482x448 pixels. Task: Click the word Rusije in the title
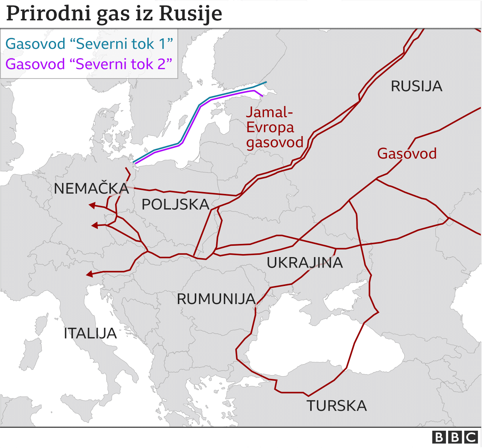point(190,14)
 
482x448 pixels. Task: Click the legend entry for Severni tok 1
point(89,44)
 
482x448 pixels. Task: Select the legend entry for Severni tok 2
point(89,64)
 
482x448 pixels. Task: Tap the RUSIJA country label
point(416,86)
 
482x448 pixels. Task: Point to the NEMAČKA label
point(91,189)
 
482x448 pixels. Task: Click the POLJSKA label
point(175,204)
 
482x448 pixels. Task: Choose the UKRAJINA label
point(305,263)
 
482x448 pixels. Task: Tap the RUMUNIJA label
point(216,299)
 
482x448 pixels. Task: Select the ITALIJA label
point(90,333)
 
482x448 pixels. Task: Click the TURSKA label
point(336,406)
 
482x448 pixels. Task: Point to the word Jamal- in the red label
point(269,112)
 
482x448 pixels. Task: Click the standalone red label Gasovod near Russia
point(407,154)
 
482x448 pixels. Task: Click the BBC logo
point(455,437)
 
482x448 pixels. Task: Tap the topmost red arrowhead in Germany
point(91,205)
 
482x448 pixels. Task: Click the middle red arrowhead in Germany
point(94,225)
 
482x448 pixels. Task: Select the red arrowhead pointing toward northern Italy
point(89,274)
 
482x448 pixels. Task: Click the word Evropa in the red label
point(270,127)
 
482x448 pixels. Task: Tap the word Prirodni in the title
point(49,14)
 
